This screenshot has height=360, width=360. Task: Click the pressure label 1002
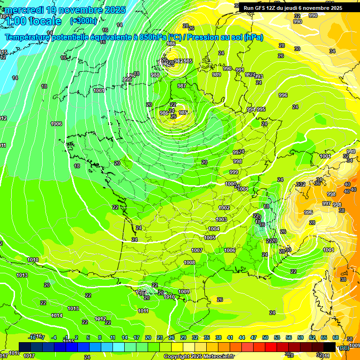click(224, 208)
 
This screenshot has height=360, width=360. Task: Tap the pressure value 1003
click(221, 219)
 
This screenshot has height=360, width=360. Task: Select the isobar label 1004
click(214, 229)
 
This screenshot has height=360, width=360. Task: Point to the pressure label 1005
click(210, 238)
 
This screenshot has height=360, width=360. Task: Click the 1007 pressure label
click(197, 250)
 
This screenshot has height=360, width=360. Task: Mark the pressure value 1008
click(189, 262)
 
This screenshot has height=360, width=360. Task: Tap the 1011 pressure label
click(143, 311)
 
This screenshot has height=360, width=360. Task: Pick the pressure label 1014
click(57, 315)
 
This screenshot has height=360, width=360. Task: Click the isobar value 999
click(233, 172)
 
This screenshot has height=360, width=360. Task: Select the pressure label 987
click(182, 86)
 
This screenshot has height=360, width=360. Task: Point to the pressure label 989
click(217, 75)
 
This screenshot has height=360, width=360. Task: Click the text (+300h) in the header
click(83, 21)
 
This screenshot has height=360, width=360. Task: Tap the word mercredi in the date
click(23, 10)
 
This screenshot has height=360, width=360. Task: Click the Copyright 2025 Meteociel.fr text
click(199, 356)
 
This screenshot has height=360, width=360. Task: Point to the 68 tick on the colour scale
click(335, 337)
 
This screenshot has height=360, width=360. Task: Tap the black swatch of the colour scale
click(330, 346)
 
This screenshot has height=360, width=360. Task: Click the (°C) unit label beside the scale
click(345, 348)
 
